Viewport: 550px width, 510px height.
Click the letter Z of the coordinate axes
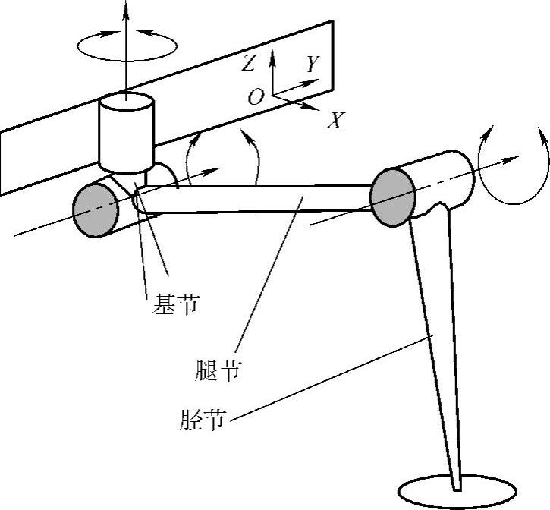pos(249,64)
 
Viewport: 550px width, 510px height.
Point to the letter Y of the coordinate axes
pos(312,65)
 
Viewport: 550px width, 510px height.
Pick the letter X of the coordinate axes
pos(335,120)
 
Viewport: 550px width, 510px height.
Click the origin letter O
pos(256,96)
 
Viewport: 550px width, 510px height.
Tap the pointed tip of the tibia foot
pos(457,486)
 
